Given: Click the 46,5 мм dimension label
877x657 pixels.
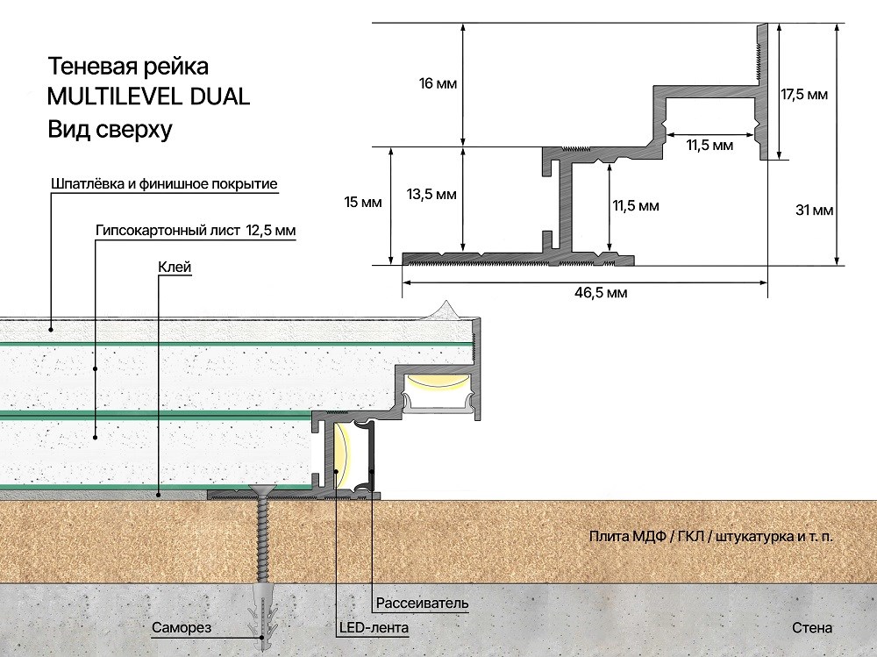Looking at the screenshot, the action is click(601, 293).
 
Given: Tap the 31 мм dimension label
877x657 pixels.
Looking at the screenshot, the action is click(815, 211).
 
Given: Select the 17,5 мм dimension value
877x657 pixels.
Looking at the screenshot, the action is click(804, 95).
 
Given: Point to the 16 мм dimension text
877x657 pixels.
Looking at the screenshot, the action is click(438, 84).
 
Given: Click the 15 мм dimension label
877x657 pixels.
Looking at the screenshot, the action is click(363, 202).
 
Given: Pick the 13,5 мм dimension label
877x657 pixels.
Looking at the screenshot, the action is click(431, 195).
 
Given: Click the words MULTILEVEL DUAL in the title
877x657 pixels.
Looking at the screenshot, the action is click(148, 96).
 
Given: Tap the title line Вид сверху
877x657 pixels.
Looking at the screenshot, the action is click(111, 129).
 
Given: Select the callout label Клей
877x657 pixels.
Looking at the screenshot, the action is click(175, 267).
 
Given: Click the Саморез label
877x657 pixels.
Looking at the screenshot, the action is click(182, 627).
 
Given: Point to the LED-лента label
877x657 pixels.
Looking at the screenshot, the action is click(374, 627).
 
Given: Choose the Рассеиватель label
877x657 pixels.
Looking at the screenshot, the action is click(423, 603).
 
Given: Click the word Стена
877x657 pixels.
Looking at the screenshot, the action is click(812, 628).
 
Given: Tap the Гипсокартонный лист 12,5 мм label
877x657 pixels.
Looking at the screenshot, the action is click(196, 230).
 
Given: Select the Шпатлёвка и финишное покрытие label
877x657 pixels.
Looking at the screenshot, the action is click(164, 184).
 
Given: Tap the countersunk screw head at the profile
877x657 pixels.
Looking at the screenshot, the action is click(261, 491).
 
